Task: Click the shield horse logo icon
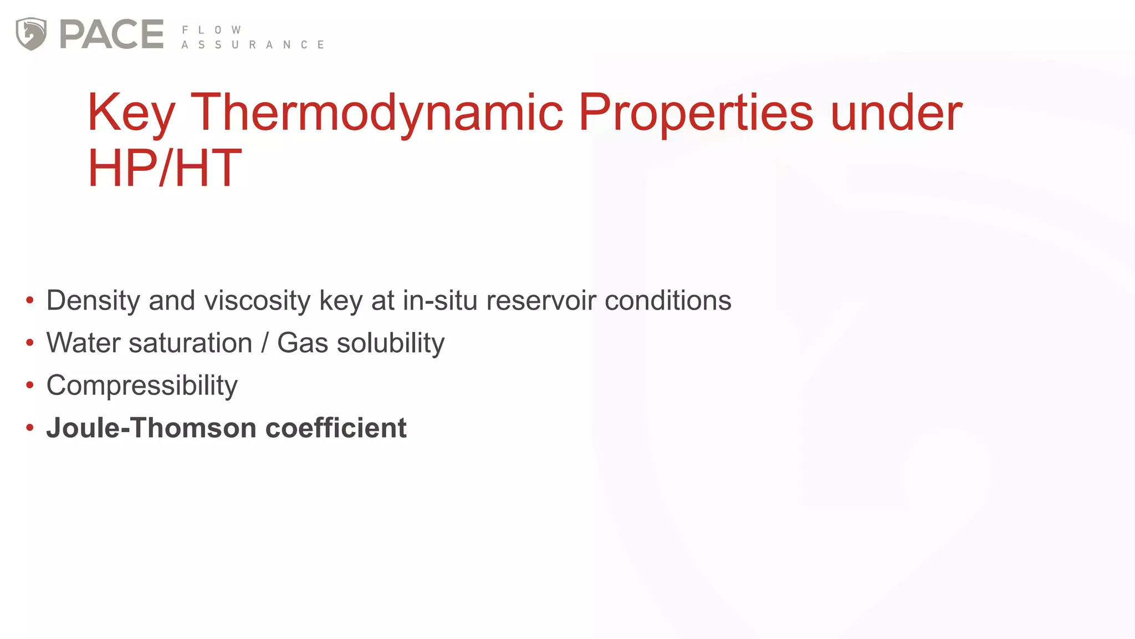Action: [31, 34]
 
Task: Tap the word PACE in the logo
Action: [111, 34]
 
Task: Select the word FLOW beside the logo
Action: [211, 30]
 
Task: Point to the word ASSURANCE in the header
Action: [253, 45]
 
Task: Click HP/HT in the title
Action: [165, 168]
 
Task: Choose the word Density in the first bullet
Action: [93, 301]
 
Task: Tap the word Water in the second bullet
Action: [83, 343]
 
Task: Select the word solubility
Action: [391, 343]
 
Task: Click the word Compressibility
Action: [142, 386]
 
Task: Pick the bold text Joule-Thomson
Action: [151, 428]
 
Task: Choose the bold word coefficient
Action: [336, 428]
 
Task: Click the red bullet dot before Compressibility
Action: [30, 386]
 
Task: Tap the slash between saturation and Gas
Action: [265, 343]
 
